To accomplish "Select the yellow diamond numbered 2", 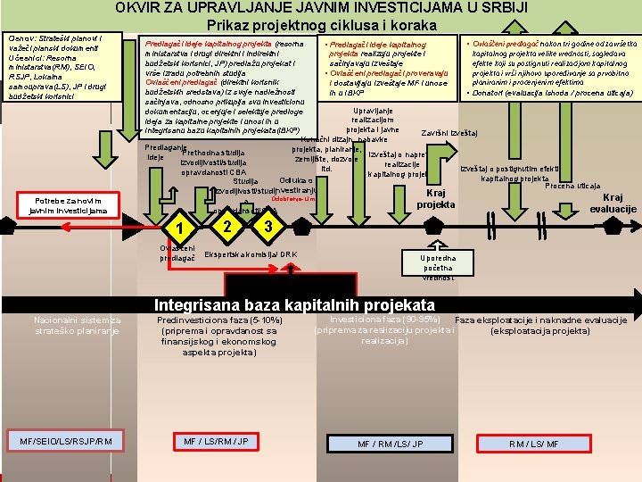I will (x=229, y=225).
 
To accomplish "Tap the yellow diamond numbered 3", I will (x=267, y=226).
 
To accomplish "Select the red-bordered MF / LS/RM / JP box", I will (x=216, y=442).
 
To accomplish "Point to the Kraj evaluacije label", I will (x=613, y=203).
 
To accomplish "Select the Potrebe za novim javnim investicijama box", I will (x=68, y=204).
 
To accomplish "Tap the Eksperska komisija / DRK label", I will (x=251, y=254).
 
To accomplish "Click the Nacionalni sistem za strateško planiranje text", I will (x=77, y=326).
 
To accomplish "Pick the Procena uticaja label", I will (x=572, y=186).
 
